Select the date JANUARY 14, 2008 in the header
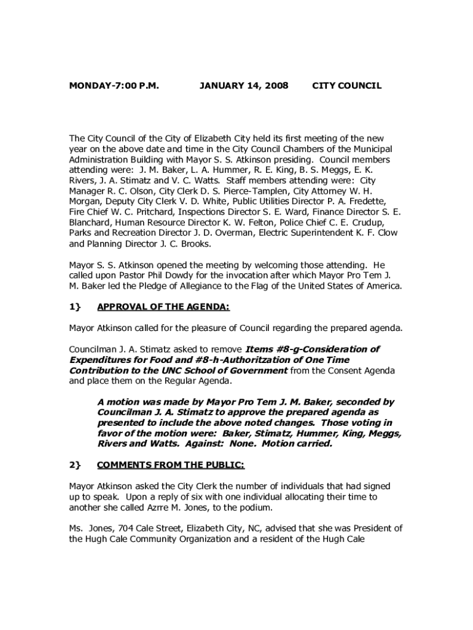(x=244, y=86)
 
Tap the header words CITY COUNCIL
(x=347, y=86)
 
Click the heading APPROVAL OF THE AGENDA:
(x=163, y=307)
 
